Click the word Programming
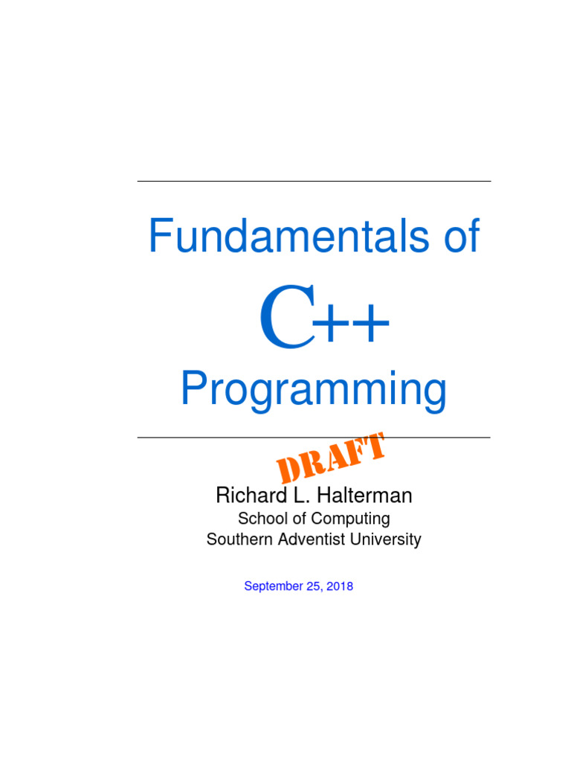coord(314,391)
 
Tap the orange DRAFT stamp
coord(330,458)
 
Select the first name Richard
coord(243,495)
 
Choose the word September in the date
coord(271,586)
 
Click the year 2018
coord(339,586)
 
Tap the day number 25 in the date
coord(313,586)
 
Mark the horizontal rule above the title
coord(314,181)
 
